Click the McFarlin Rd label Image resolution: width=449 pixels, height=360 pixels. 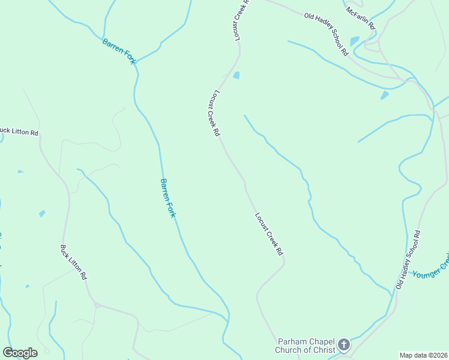pos(360,18)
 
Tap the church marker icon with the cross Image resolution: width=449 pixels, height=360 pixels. pos(343,344)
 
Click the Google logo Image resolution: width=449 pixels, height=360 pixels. pos(20,353)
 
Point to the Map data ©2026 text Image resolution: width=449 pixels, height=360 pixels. pos(423,355)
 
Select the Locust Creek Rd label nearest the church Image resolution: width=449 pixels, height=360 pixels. pos(268,235)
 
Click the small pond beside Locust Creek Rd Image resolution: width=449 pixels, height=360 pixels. pos(236,76)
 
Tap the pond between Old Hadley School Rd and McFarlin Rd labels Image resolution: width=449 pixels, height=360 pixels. pos(354,41)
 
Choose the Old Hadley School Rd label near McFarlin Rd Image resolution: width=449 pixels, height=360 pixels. pos(326,34)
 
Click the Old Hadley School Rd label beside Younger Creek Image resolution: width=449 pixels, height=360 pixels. pos(408,259)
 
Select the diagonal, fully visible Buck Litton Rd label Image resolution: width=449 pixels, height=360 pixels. pos(74,263)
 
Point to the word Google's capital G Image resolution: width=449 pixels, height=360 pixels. pos(8,353)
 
